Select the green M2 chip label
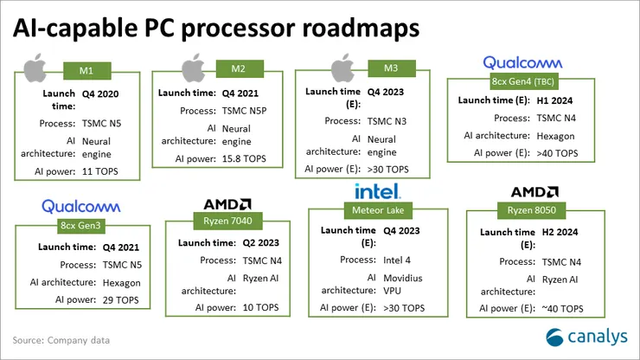pos(236,68)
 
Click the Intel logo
pos(376,190)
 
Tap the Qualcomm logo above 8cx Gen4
pos(522,62)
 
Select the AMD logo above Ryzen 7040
pos(228,204)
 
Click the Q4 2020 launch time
pos(101,92)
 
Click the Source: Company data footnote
pos(58,339)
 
